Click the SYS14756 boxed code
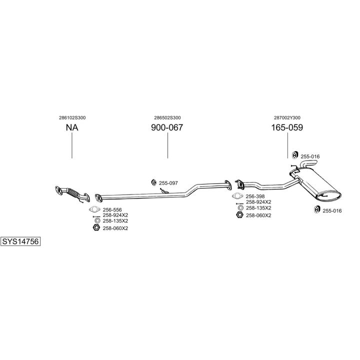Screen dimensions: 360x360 20,241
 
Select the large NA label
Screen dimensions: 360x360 72,127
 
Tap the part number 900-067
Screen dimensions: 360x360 167,127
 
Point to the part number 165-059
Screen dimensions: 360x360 287,127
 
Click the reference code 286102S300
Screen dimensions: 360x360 72,117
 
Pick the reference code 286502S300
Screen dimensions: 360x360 167,117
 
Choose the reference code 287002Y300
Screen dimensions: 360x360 287,117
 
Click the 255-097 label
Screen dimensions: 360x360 168,183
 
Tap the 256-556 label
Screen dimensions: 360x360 112,209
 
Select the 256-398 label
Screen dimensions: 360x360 255,196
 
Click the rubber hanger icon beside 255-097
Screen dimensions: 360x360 154,182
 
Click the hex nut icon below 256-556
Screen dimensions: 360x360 96,228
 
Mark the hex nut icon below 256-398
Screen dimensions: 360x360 239,215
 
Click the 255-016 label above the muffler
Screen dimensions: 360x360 310,156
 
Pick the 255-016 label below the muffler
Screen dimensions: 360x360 332,210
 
